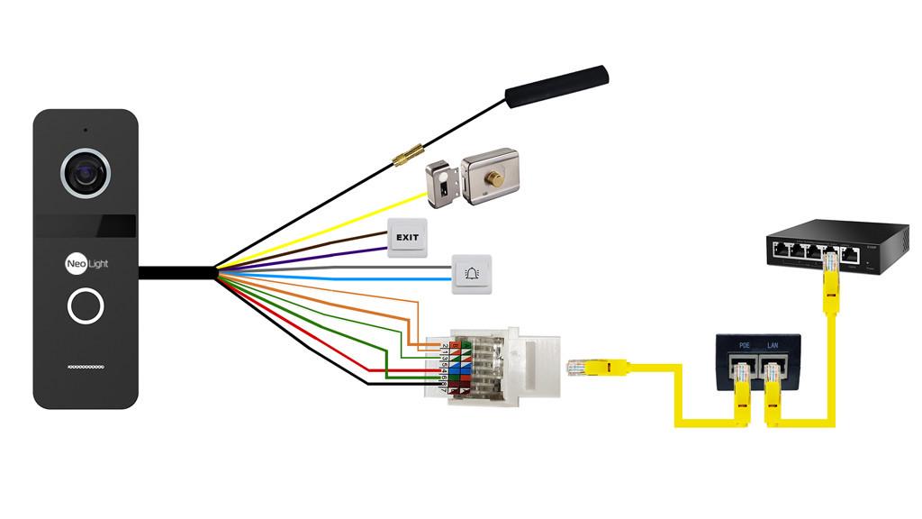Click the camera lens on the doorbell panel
tap(86, 170)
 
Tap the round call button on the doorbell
tap(86, 306)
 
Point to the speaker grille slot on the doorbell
tap(86, 368)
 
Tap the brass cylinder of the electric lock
tap(494, 179)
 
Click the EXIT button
tap(407, 239)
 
